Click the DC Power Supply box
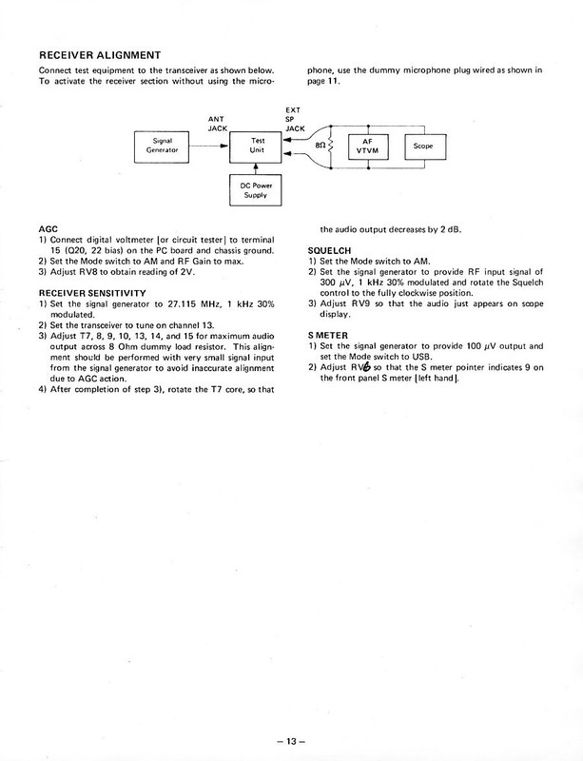coord(257,190)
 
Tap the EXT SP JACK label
coord(294,118)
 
